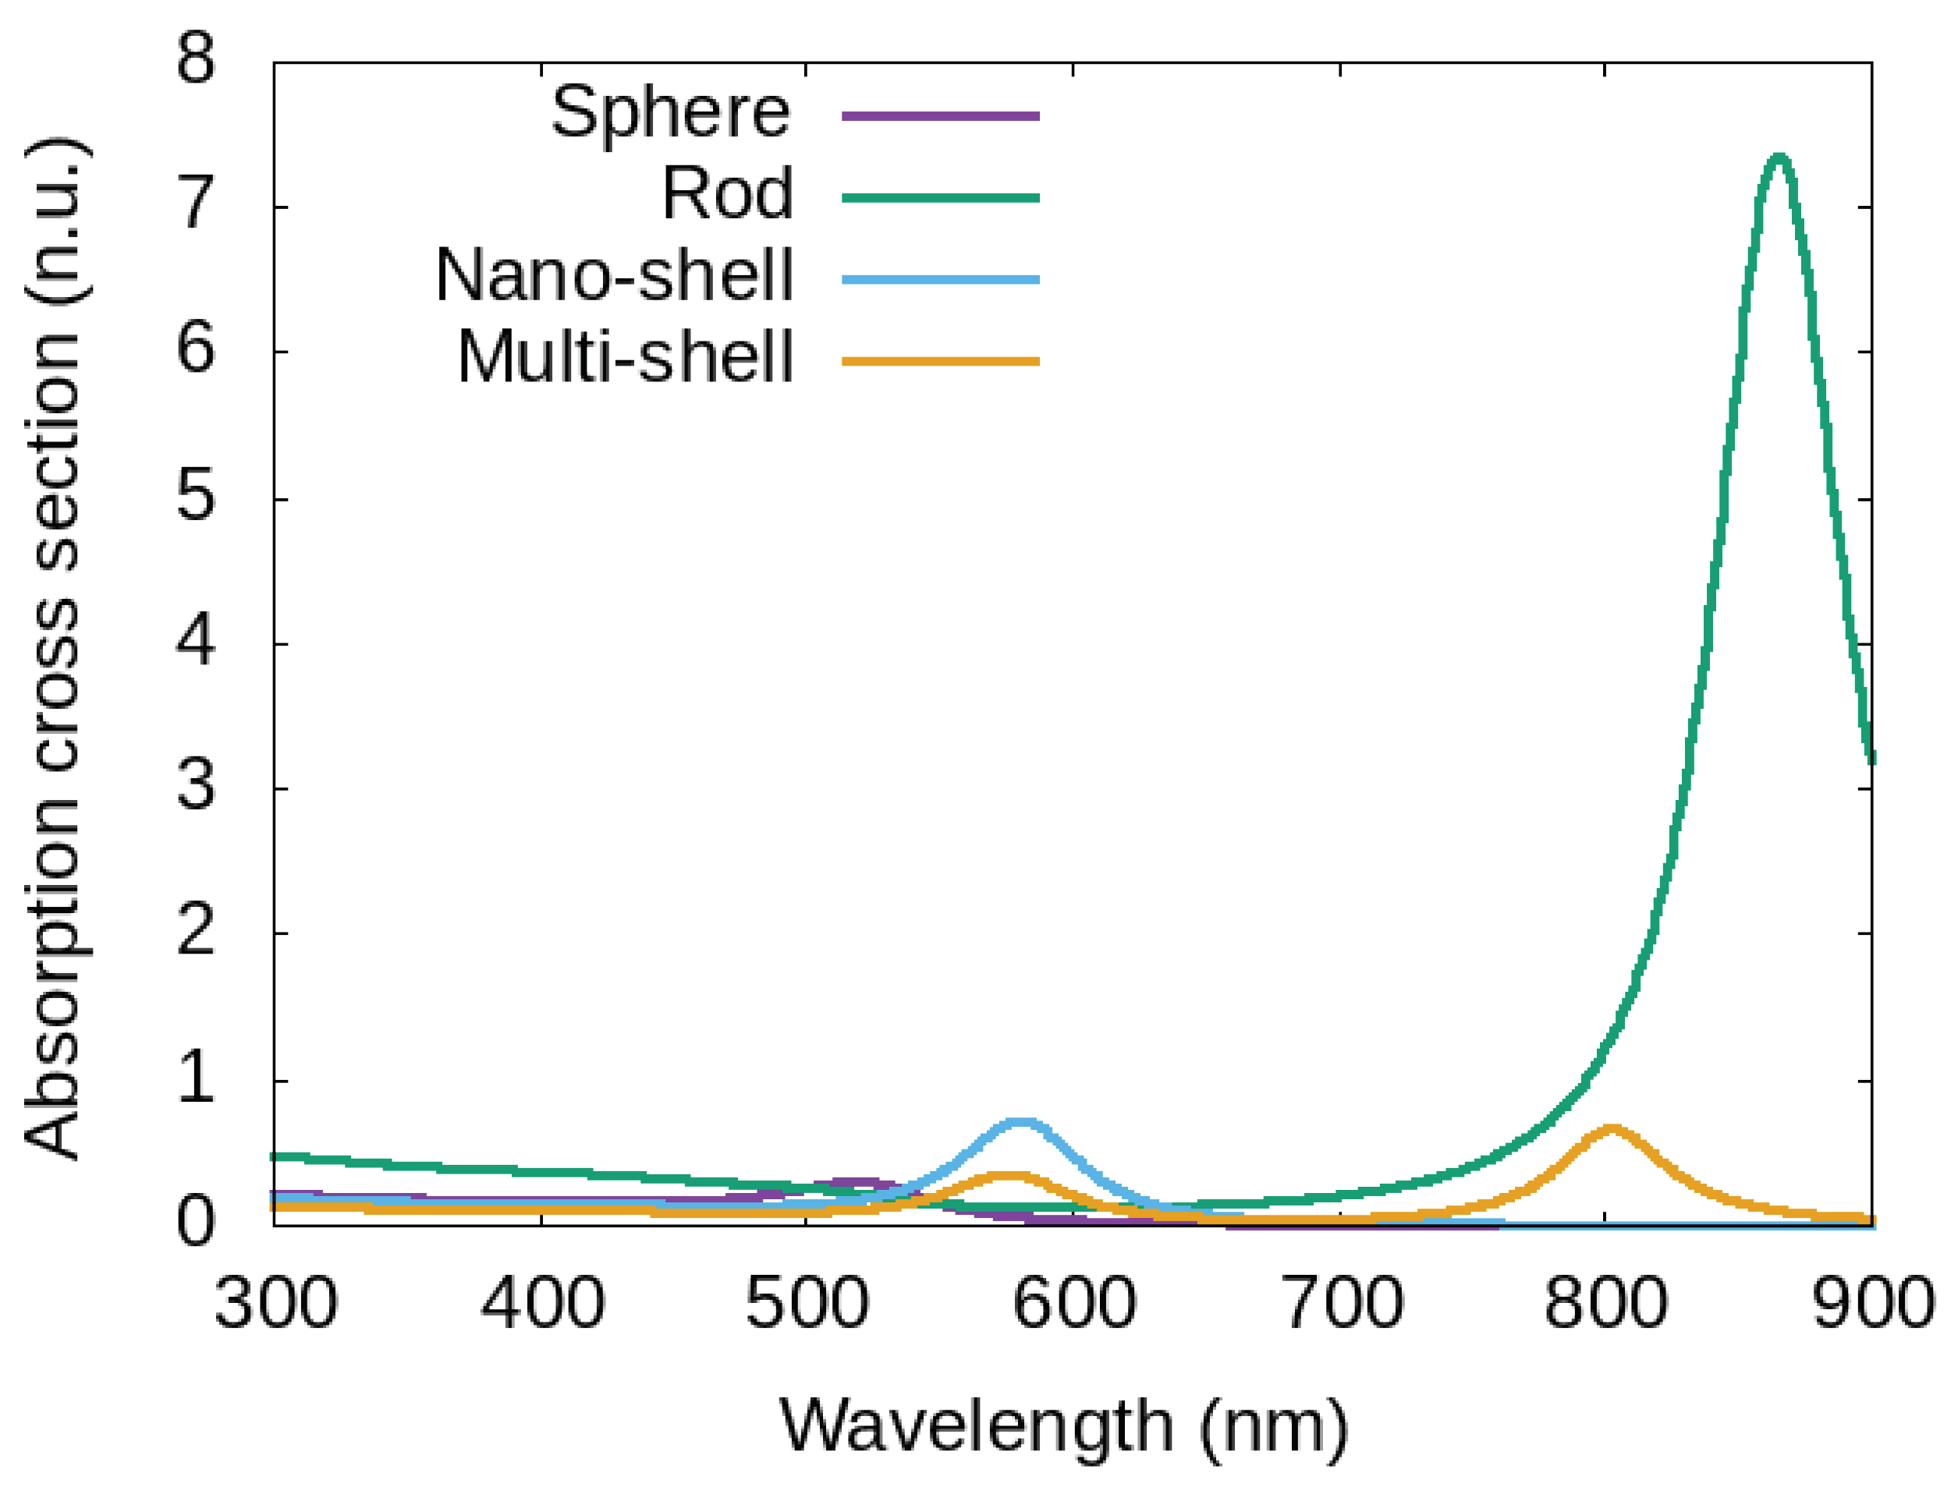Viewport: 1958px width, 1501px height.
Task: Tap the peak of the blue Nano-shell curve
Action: point(1020,1123)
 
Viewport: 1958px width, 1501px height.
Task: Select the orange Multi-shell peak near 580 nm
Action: point(1008,1176)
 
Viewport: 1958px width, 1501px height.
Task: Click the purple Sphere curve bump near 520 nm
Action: point(856,1184)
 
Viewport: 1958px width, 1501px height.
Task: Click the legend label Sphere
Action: point(670,114)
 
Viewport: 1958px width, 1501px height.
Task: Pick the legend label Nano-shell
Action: point(614,276)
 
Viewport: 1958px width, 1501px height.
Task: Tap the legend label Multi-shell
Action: point(625,358)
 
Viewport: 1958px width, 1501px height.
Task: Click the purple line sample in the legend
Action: point(940,116)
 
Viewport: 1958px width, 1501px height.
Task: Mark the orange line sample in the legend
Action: point(940,362)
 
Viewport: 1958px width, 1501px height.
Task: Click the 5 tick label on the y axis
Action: point(196,497)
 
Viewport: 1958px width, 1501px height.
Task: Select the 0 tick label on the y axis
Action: point(196,1223)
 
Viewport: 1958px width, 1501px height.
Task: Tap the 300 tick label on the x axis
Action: point(275,1305)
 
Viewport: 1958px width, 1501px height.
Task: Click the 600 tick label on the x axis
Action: point(1073,1305)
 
